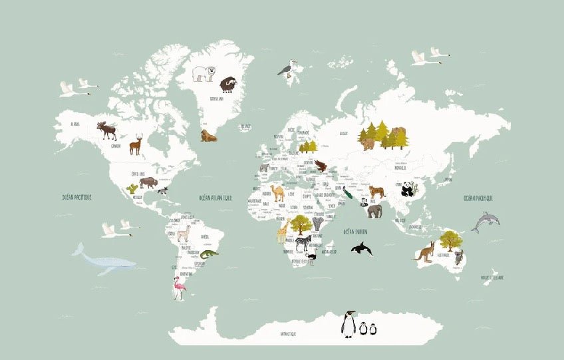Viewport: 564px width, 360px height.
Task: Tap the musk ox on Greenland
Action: [227, 85]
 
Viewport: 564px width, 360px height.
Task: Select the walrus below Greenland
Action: [209, 136]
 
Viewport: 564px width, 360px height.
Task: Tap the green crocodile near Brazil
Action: [208, 254]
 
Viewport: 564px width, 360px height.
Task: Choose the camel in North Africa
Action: [277, 193]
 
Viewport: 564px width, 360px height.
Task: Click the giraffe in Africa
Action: [283, 232]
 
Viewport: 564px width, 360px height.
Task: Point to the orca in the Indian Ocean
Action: [361, 249]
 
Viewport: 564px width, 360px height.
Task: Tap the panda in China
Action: [407, 190]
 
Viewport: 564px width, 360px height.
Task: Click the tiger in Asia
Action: [377, 192]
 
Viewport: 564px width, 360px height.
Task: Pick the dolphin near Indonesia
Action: [486, 221]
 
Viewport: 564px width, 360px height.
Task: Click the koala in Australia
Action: [458, 257]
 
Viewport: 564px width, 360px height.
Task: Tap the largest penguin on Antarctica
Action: [348, 324]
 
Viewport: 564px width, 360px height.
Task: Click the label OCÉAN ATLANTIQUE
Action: [216, 198]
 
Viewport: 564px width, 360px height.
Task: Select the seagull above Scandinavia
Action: [287, 69]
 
